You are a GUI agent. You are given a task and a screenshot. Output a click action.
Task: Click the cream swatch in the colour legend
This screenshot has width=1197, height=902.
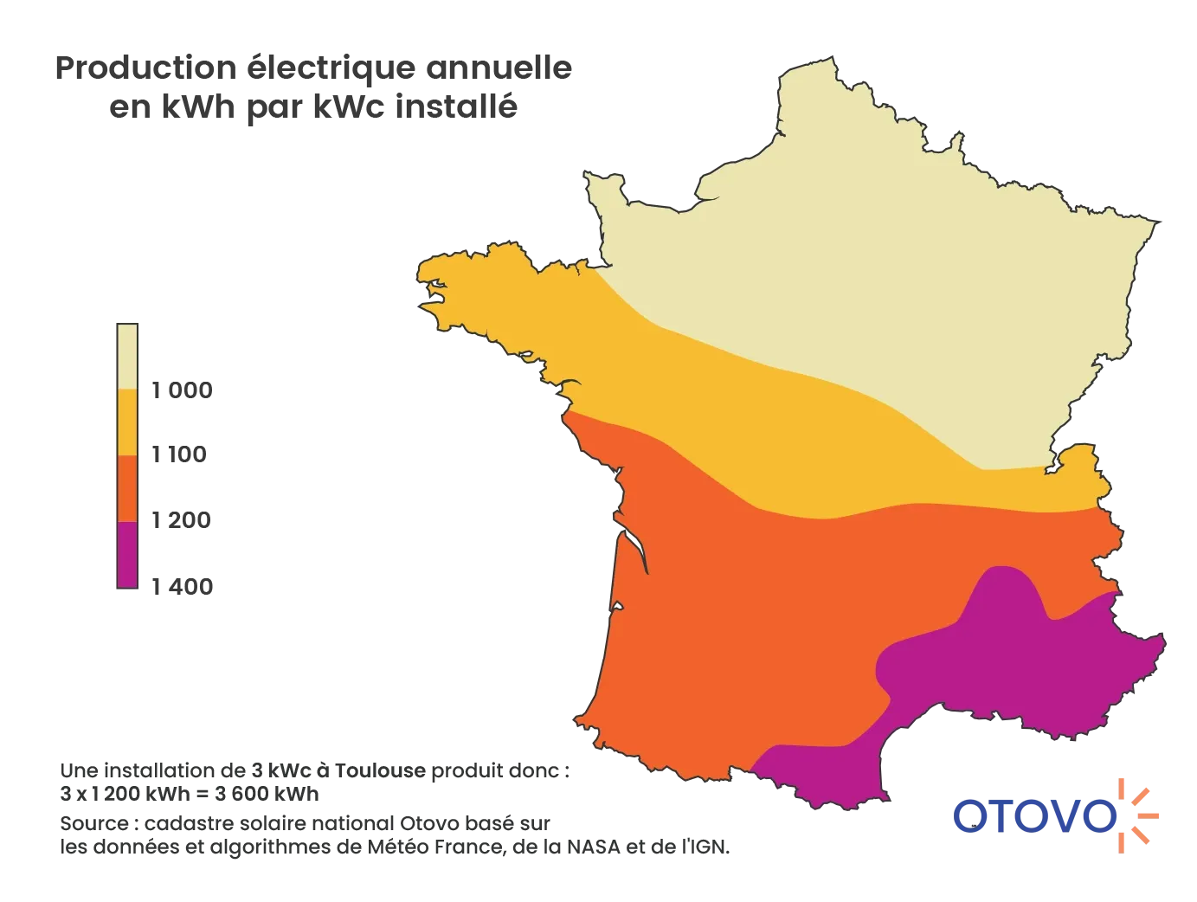(127, 356)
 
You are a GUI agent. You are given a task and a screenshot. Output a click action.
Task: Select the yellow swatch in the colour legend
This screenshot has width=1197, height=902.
(127, 422)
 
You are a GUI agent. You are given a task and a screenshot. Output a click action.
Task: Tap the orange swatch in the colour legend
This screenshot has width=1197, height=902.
(127, 488)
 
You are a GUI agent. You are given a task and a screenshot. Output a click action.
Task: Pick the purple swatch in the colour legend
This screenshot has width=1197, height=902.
(127, 555)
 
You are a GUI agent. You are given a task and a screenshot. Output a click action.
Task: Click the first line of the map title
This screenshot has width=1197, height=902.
(314, 69)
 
